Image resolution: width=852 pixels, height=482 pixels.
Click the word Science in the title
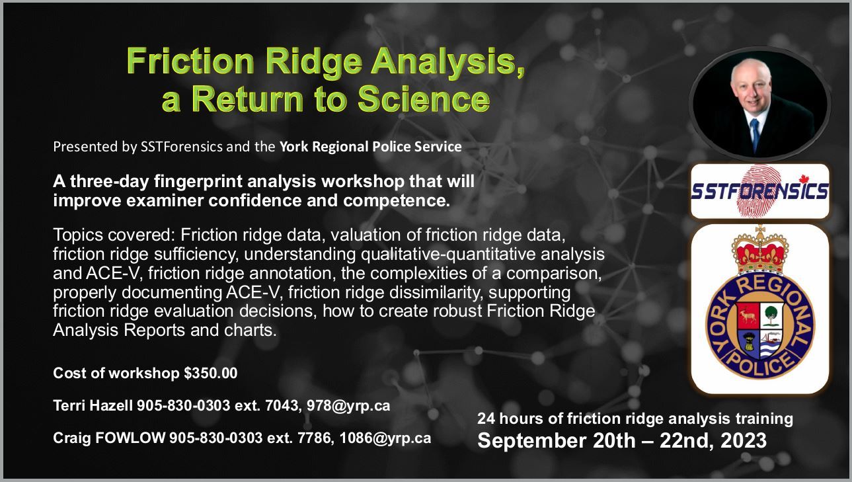423,99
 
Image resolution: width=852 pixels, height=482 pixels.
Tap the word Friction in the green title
190,61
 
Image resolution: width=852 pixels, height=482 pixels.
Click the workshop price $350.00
211,373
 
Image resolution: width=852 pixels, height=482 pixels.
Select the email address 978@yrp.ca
348,406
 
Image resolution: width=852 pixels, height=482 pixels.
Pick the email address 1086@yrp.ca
385,438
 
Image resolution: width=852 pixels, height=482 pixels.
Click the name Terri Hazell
93,405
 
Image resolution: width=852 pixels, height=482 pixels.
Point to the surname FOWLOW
130,438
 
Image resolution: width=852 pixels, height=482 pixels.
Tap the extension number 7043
282,406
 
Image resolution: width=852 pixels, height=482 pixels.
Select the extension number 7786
314,438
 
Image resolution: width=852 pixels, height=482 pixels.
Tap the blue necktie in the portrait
755,134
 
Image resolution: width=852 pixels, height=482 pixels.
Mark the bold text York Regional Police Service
370,147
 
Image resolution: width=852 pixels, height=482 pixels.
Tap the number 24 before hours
486,419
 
